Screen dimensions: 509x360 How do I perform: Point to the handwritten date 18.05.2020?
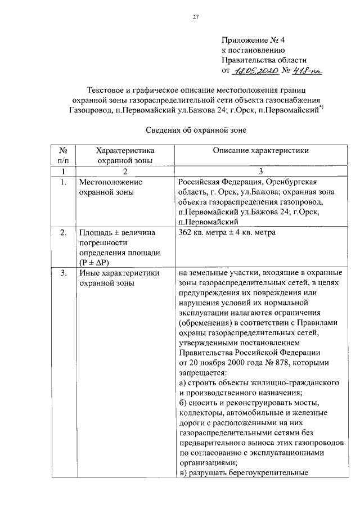pos(256,72)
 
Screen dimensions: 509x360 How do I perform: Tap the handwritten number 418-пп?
pos(308,71)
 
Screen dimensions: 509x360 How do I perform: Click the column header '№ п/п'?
pos(64,155)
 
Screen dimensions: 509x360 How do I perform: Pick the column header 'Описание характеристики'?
pos(260,151)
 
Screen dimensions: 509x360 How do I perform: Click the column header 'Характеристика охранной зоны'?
pos(125,155)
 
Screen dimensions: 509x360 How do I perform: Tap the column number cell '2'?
pos(125,171)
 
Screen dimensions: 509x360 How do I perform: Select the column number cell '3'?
pos(260,171)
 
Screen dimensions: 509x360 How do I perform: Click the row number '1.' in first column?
pos(64,182)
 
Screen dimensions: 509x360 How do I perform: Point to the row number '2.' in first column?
pos(64,232)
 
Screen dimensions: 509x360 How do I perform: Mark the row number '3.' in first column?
pos(64,273)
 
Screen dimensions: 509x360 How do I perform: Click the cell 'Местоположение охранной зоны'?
pos(111,187)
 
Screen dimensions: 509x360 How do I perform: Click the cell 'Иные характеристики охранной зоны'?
pos(119,278)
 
